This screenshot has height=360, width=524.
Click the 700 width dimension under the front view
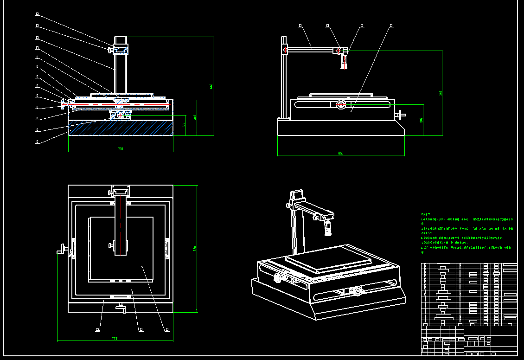(121, 149)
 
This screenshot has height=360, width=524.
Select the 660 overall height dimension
(211, 86)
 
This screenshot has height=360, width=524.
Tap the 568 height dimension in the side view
(440, 93)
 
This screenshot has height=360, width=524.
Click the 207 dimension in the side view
(421, 120)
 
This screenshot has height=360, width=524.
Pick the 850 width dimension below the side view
(341, 153)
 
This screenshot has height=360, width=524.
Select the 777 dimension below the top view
(115, 339)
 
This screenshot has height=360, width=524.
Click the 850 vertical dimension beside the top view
(195, 248)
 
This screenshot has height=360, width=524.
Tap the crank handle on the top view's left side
(61, 251)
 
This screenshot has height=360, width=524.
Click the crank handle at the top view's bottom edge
(121, 307)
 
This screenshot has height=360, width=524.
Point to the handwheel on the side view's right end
(400, 115)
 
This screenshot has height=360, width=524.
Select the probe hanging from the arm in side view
(344, 62)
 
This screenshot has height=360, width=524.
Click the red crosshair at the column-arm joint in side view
(285, 49)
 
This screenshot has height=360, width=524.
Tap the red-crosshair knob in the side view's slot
(341, 105)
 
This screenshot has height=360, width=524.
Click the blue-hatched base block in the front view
(121, 128)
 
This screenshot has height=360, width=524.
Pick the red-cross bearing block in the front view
(121, 115)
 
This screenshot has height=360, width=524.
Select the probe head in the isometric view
(328, 227)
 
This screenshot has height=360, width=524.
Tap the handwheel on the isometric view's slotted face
(358, 291)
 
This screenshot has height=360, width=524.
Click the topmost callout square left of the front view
(37, 13)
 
